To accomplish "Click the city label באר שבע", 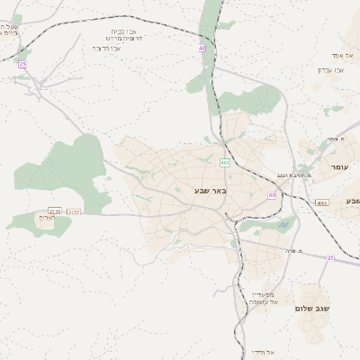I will pyautogui.click(x=211, y=190).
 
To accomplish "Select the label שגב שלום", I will pyautogui.click(x=314, y=309).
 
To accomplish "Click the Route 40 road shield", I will pyautogui.click(x=202, y=48).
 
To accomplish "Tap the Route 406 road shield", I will pyautogui.click(x=224, y=162).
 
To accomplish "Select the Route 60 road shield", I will pyautogui.click(x=272, y=193).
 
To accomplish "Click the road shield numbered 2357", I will pyautogui.click(x=74, y=211).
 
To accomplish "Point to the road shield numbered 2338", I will pyautogui.click(x=55, y=211).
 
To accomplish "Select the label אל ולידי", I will pyautogui.click(x=261, y=351).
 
